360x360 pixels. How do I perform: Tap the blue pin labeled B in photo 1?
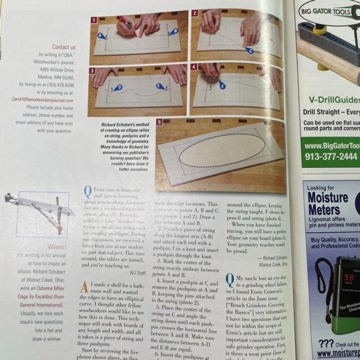point(175,30)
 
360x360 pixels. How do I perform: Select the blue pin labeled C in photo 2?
point(248,50)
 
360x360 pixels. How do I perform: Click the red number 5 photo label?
point(160,122)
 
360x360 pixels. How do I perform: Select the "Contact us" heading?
point(64,47)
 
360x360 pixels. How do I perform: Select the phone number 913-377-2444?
point(331,156)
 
